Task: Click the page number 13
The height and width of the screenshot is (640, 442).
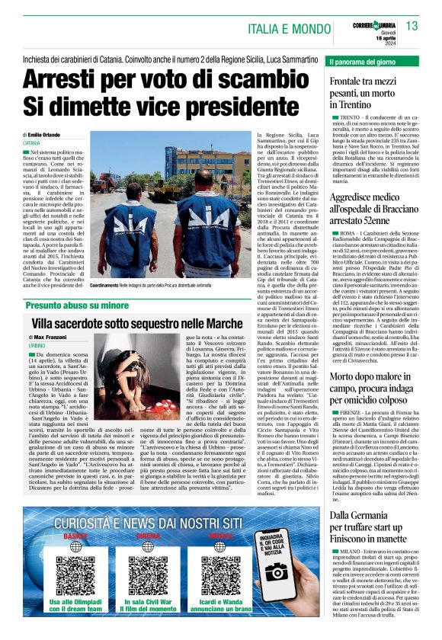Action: point(412,26)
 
